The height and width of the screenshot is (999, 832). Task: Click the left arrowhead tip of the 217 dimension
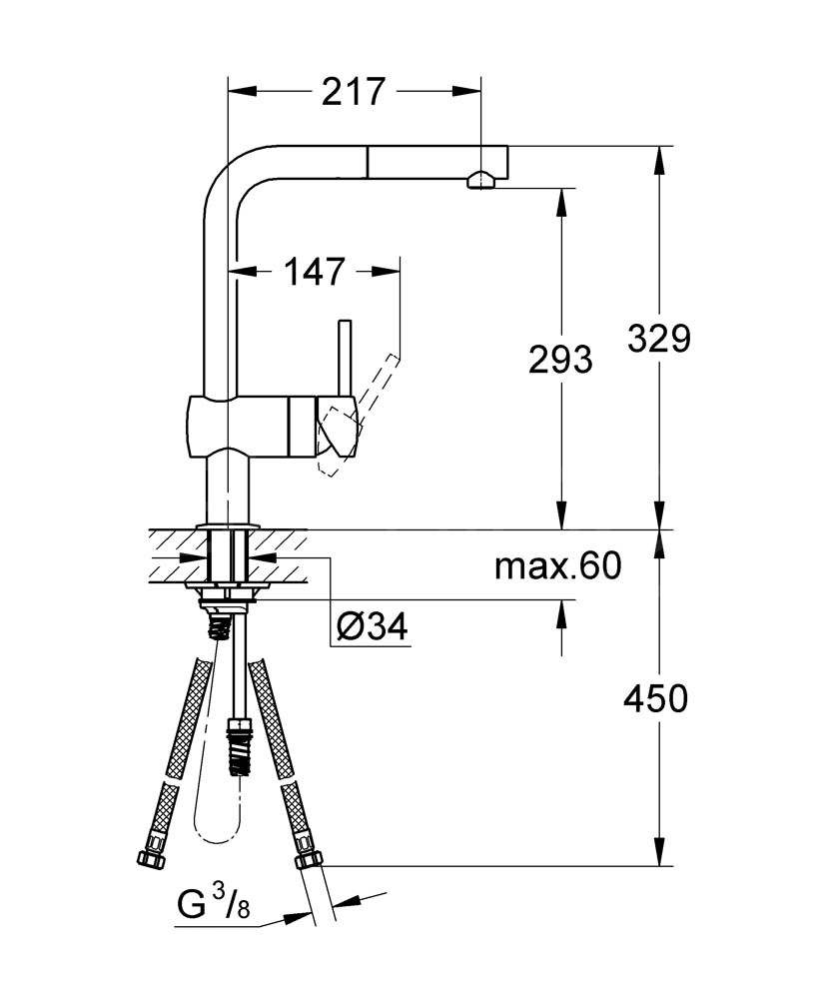[x=228, y=92]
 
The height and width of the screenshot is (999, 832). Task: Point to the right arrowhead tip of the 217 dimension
[x=480, y=92]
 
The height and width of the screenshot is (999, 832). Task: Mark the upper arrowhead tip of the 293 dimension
[x=561, y=189]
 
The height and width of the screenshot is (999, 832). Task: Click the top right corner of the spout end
[x=508, y=146]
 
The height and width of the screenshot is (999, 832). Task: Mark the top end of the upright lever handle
[x=345, y=320]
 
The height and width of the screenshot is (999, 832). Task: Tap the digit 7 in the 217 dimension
[x=374, y=92]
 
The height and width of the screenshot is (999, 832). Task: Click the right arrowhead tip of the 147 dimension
[x=401, y=272]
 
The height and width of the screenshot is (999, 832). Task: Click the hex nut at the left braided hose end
[x=151, y=859]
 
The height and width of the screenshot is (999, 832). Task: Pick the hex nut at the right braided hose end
[x=309, y=858]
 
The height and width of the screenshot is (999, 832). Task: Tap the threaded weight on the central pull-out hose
[x=239, y=746]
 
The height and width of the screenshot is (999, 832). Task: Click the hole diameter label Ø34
[x=372, y=627]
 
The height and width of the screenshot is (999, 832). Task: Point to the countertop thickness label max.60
[x=558, y=565]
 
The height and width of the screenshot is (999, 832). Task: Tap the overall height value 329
[x=659, y=339]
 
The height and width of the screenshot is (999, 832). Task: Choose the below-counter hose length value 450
[x=655, y=698]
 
